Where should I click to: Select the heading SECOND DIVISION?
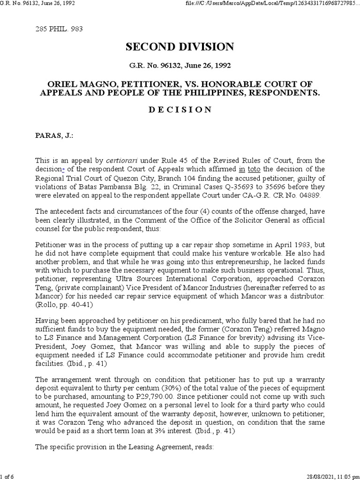(x=180, y=47)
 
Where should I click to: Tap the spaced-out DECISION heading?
(x=180, y=110)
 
